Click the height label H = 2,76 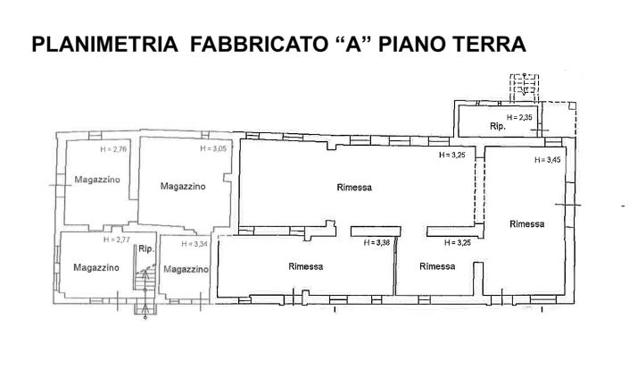pos(114,149)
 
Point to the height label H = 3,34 pos(194,244)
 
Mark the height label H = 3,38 pos(372,242)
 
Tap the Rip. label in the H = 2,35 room pos(498,127)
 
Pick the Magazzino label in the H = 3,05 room pos(183,186)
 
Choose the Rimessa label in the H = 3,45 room pos(527,223)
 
